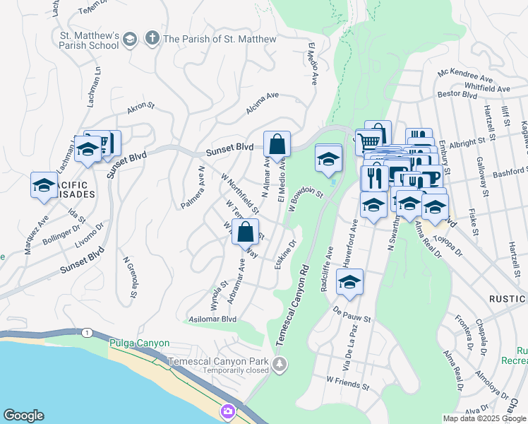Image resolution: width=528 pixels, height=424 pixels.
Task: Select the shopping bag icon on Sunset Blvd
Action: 277,144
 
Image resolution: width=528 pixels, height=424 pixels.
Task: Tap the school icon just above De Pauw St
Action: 349,282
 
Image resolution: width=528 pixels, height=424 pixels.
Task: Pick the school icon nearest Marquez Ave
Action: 44,186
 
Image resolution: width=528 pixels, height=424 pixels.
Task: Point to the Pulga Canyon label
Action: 140,343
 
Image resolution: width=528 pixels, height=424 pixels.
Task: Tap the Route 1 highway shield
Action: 86,331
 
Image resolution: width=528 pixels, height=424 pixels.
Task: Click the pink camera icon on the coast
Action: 227,411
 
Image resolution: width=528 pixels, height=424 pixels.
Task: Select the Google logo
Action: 23,416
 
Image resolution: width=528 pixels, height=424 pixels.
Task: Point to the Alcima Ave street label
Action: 263,102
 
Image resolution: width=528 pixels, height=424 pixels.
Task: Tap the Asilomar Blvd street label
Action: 210,319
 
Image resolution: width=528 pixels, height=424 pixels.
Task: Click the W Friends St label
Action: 347,382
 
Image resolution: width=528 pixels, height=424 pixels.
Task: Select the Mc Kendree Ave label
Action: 464,74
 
